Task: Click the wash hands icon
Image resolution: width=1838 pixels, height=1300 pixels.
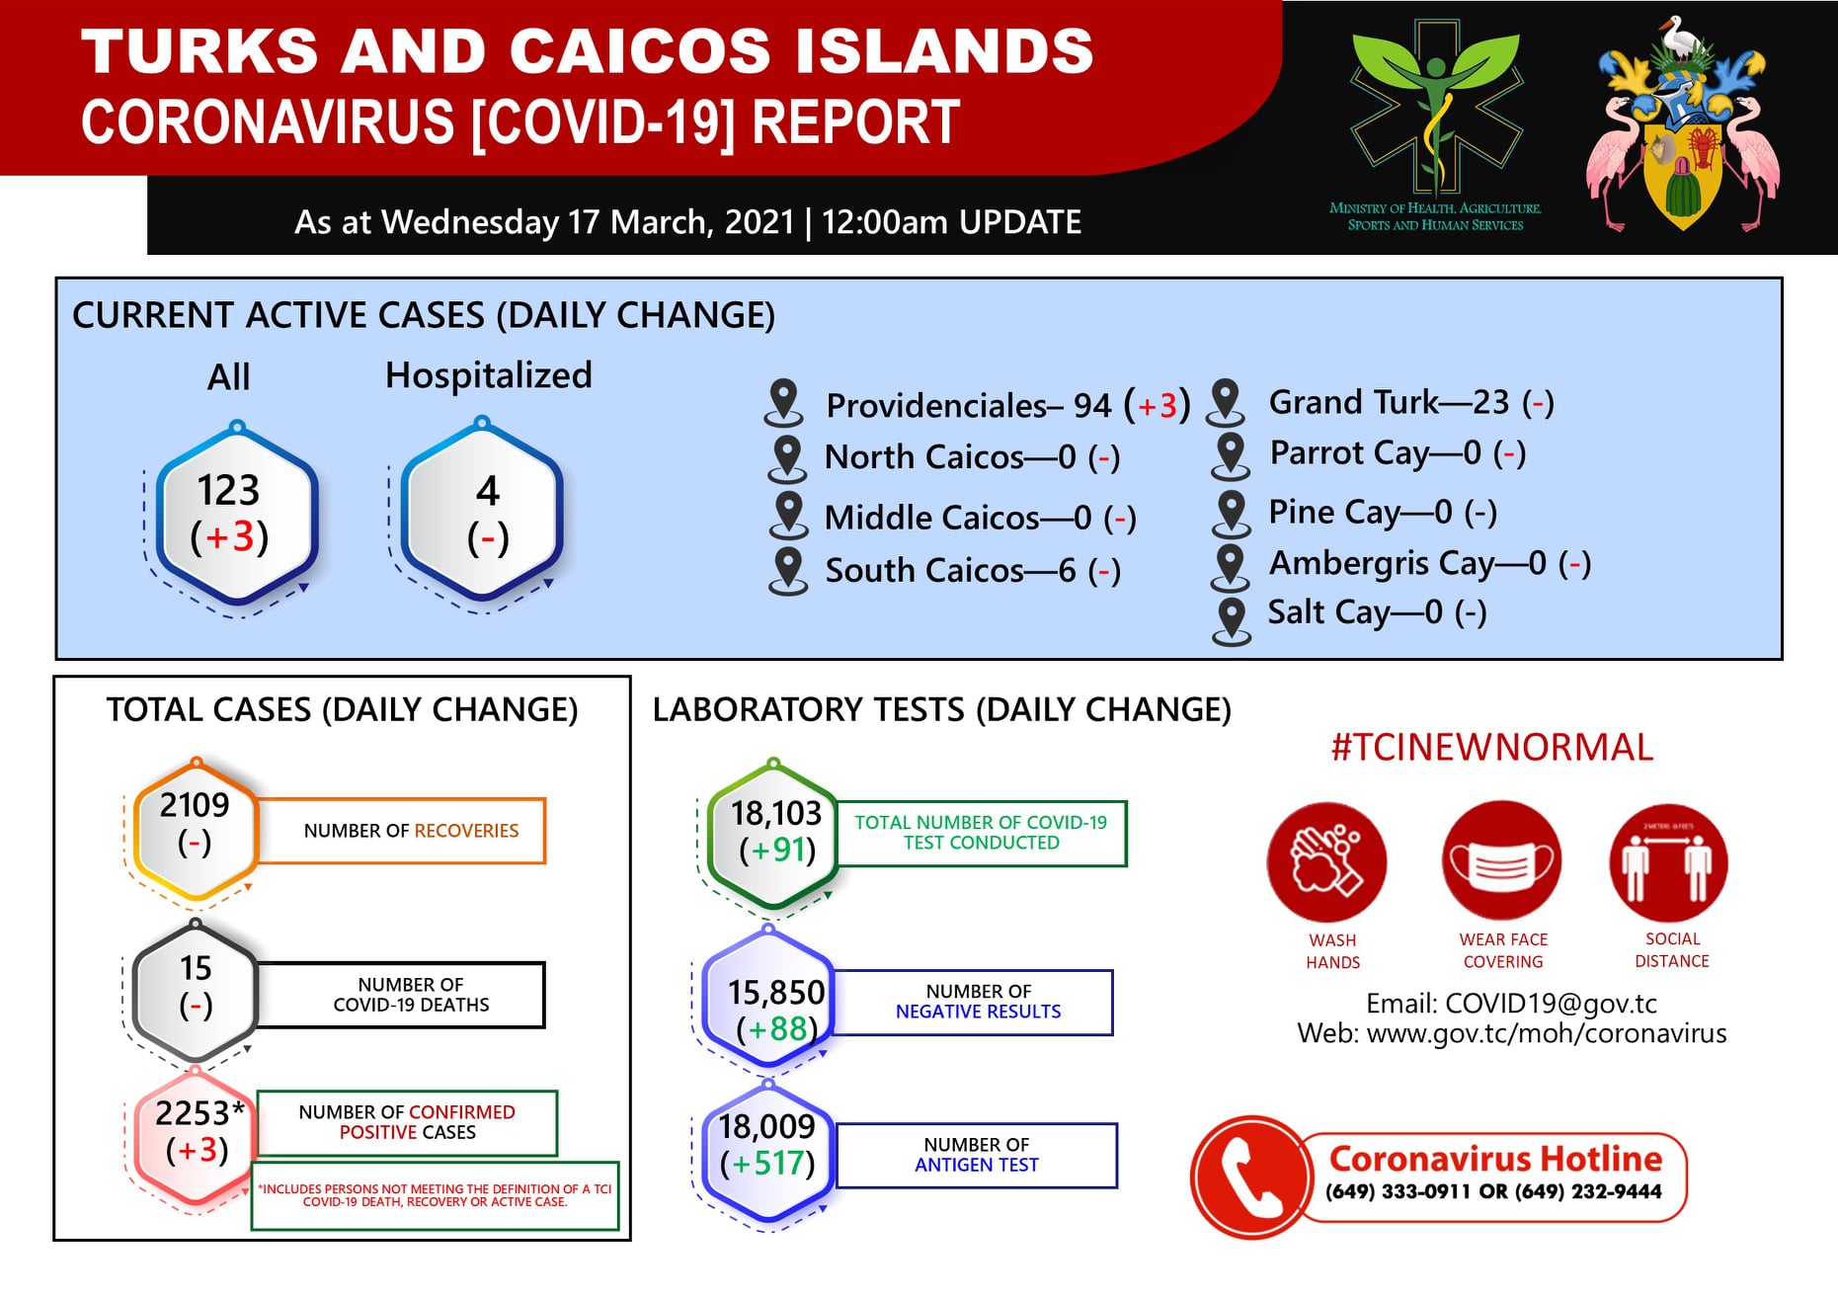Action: (1326, 861)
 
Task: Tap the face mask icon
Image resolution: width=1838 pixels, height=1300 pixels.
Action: (1501, 860)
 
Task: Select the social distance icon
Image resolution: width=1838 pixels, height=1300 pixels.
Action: (1668, 862)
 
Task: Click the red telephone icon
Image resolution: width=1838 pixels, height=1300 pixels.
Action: (1251, 1177)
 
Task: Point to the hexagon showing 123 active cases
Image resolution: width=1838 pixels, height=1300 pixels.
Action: (235, 514)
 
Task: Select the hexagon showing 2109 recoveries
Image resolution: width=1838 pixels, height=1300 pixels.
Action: (196, 830)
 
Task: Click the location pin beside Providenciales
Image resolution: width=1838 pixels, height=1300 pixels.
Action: (784, 402)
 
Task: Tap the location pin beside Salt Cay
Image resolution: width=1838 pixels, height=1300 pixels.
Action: (1232, 621)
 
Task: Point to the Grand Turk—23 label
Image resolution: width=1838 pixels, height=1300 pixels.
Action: (1389, 402)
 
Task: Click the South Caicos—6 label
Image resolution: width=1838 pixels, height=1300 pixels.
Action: (950, 570)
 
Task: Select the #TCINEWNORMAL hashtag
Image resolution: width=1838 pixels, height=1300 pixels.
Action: (1492, 747)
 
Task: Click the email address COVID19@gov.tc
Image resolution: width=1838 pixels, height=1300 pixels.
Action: (1551, 1004)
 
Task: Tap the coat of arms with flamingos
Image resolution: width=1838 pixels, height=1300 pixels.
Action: (1683, 124)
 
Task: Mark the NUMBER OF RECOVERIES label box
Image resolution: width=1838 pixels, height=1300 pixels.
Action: (401, 831)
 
